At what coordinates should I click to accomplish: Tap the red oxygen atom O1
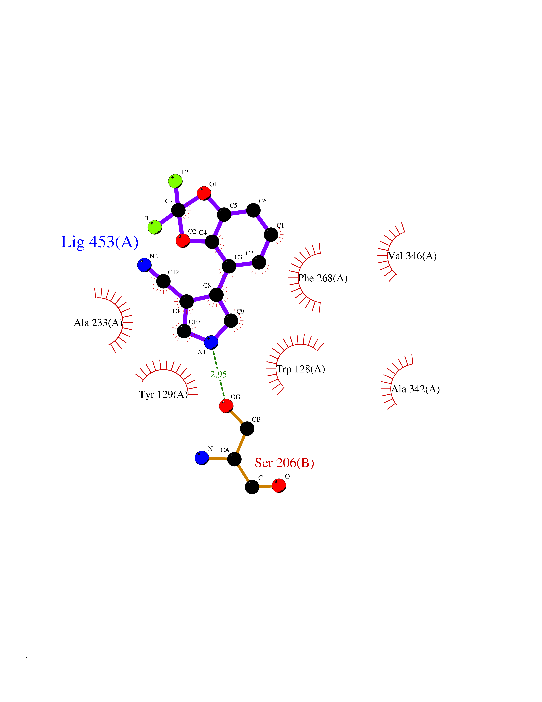click(204, 193)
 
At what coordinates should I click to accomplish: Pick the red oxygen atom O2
click(183, 240)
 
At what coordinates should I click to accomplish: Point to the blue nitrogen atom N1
click(211, 342)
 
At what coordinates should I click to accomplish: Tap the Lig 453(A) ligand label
click(100, 242)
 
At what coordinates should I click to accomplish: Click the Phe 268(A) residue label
click(323, 278)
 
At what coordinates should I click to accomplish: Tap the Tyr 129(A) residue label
click(163, 394)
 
